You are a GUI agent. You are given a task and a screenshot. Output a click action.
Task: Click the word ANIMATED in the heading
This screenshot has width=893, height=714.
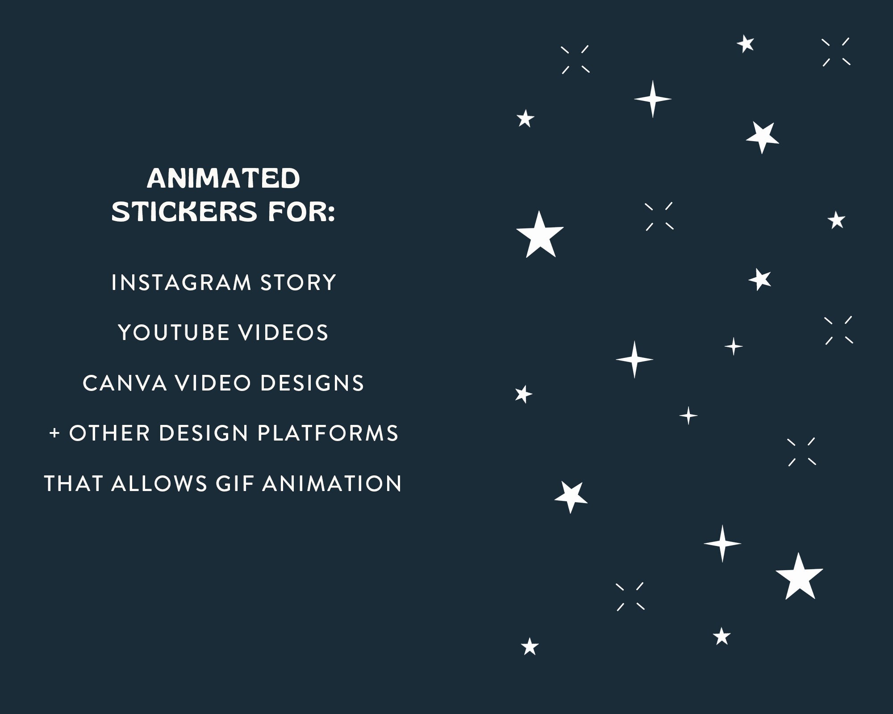[x=223, y=178]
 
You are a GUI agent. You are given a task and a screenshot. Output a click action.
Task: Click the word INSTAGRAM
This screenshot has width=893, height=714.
[x=181, y=283]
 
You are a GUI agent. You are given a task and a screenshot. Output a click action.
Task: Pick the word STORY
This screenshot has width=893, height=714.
[x=298, y=283]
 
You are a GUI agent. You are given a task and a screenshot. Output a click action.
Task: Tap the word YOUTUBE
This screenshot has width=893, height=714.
[x=174, y=333]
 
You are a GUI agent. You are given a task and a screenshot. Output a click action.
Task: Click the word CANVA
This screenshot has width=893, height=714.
[x=125, y=383]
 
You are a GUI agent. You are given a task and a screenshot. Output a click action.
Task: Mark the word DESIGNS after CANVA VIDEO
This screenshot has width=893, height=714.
[x=312, y=383]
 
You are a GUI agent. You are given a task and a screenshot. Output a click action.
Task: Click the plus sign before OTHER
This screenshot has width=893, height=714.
[x=54, y=433]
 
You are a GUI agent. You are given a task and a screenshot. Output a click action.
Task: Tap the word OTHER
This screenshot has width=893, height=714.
[x=109, y=433]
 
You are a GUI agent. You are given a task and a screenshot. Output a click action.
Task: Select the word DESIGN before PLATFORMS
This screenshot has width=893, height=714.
[x=203, y=433]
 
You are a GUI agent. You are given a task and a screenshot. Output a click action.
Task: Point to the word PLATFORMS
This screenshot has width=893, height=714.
[x=328, y=433]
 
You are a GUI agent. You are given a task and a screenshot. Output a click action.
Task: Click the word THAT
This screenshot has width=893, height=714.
[x=74, y=484]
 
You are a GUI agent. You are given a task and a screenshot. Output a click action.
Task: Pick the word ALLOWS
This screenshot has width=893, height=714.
[x=159, y=484]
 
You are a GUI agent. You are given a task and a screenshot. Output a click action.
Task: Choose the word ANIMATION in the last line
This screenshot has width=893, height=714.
[x=332, y=484]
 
